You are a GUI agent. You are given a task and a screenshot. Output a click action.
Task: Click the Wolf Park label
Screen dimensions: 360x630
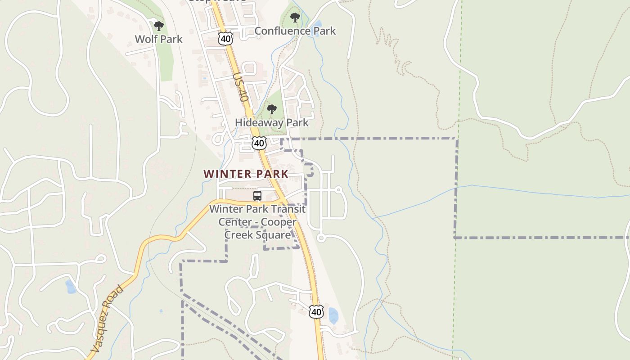pyautogui.click(x=159, y=39)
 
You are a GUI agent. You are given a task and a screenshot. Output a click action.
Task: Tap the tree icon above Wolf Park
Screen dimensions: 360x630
pyautogui.click(x=158, y=26)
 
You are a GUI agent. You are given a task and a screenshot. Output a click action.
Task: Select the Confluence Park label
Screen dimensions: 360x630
pyautogui.click(x=295, y=31)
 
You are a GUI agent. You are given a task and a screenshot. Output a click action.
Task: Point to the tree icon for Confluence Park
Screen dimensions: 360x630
pyautogui.click(x=295, y=18)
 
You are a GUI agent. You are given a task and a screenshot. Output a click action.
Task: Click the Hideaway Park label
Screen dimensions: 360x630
pyautogui.click(x=272, y=122)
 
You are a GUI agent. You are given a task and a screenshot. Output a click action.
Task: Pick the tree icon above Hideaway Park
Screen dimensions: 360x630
pyautogui.click(x=271, y=109)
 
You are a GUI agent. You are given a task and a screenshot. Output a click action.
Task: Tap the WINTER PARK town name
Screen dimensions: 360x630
pyautogui.click(x=246, y=174)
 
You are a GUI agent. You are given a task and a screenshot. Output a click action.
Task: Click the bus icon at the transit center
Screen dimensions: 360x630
pyautogui.click(x=257, y=196)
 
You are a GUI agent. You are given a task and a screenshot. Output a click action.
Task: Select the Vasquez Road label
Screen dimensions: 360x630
pyautogui.click(x=106, y=319)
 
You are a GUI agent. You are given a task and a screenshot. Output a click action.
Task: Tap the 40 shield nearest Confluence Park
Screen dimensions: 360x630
pyautogui.click(x=225, y=38)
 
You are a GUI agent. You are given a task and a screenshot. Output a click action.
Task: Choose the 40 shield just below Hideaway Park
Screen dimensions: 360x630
pyautogui.click(x=259, y=143)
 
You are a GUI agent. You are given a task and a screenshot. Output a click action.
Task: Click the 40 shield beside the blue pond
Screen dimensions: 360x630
pyautogui.click(x=316, y=311)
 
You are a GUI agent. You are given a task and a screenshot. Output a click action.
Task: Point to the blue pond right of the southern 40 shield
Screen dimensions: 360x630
pyautogui.click(x=333, y=316)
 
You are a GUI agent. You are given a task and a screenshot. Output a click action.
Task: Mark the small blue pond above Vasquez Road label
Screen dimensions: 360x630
pyautogui.click(x=71, y=286)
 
